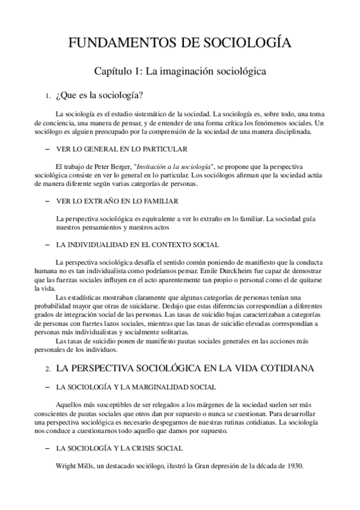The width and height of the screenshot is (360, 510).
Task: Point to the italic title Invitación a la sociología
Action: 174,166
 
